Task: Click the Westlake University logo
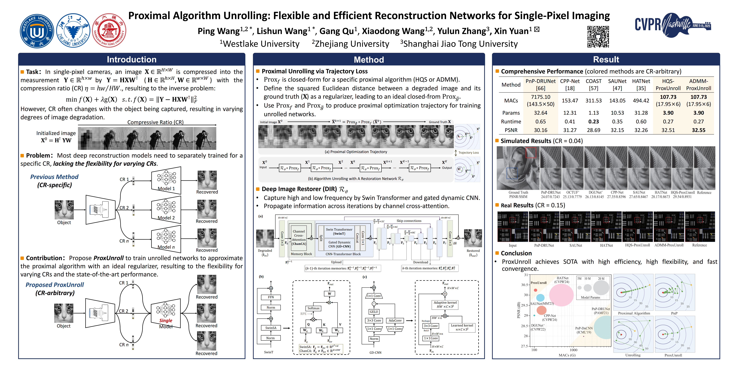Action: [x=37, y=31]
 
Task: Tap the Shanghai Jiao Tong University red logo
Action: [x=109, y=30]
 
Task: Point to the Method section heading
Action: [x=369, y=60]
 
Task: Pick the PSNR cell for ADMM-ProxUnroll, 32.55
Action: [x=698, y=130]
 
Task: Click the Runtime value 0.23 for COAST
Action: [x=593, y=121]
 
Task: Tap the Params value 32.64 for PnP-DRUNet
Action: [x=540, y=113]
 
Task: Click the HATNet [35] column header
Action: [x=641, y=85]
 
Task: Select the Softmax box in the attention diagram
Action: [x=313, y=308]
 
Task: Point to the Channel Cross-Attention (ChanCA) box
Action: [x=299, y=237]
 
